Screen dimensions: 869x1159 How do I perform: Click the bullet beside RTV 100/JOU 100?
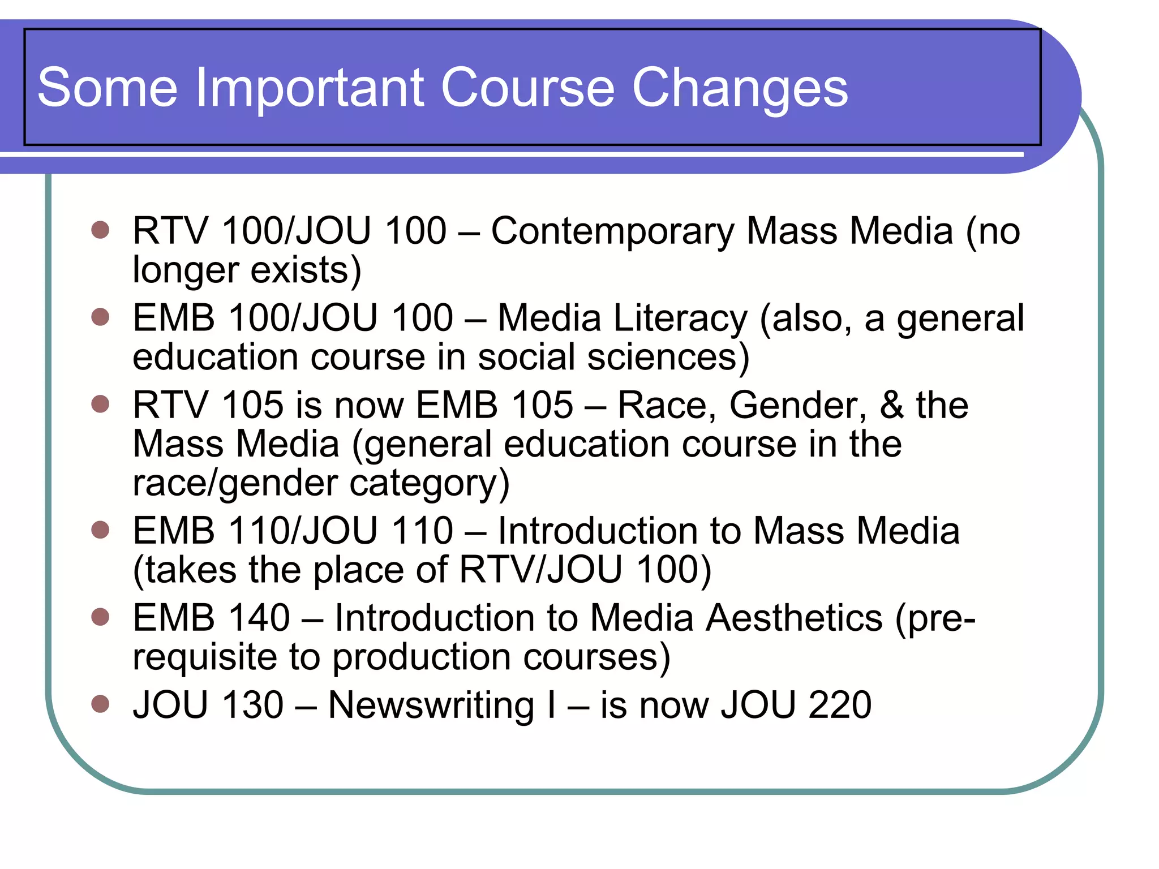pos(100,230)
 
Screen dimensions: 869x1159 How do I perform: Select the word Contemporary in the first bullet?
pos(612,231)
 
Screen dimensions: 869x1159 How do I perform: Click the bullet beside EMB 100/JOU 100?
pos(100,317)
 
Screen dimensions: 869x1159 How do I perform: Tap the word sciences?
pos(668,358)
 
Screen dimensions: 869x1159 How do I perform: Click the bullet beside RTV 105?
pos(100,405)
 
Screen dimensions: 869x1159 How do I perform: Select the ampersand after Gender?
pos(892,405)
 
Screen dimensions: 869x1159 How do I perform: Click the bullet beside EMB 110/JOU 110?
pos(100,530)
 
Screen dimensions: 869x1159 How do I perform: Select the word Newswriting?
pos(431,705)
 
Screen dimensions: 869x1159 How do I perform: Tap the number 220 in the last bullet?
pos(840,705)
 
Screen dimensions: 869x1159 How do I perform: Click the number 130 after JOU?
pos(252,705)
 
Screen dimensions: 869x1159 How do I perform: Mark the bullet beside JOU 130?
pos(100,704)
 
